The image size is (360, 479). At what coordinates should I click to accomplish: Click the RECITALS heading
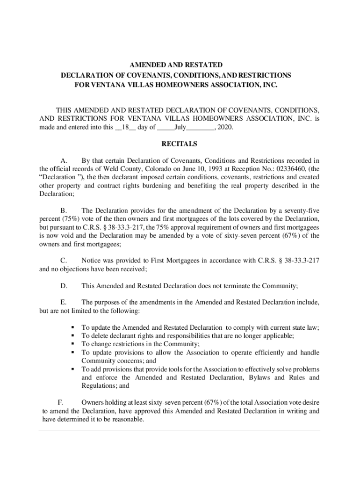click(x=180, y=144)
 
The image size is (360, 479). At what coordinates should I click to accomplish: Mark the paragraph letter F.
click(x=60, y=402)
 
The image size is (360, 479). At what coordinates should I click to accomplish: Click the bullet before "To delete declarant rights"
click(x=73, y=336)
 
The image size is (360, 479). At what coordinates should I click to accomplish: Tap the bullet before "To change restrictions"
click(x=73, y=344)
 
